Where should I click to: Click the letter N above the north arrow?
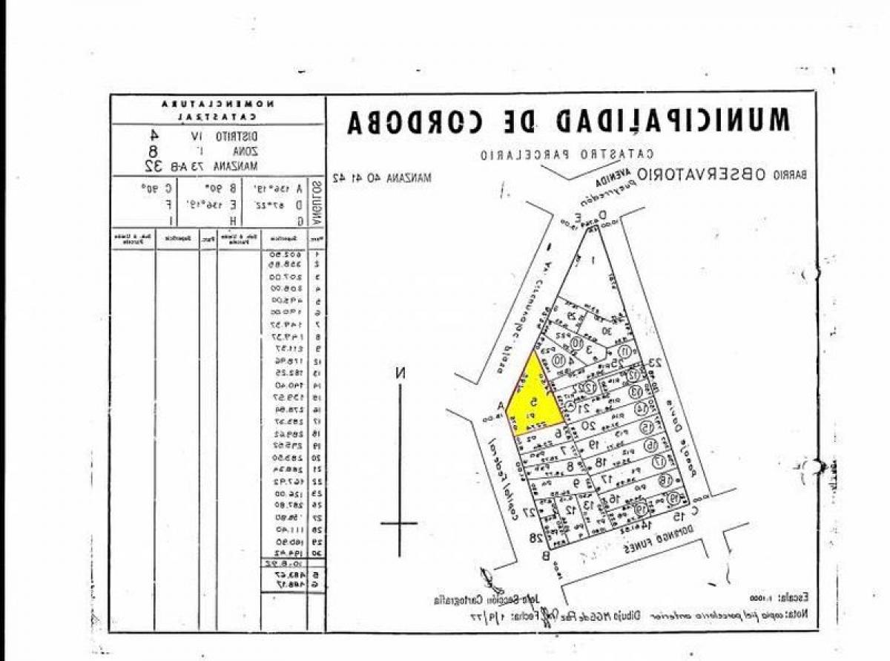(400, 373)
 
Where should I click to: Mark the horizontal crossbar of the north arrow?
(399, 523)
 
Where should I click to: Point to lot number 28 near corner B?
(533, 537)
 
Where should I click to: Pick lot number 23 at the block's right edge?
(655, 363)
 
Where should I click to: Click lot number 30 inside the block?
(605, 331)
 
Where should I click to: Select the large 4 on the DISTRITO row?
(154, 135)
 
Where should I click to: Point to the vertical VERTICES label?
(317, 203)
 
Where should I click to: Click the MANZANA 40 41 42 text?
(383, 177)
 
